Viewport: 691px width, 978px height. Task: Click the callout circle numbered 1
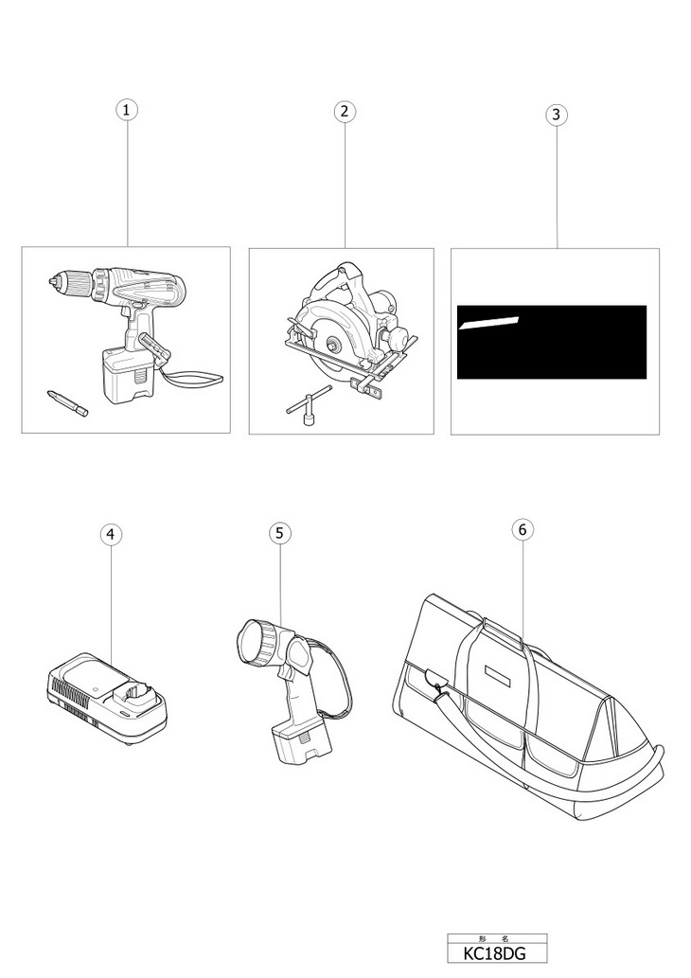pyautogui.click(x=127, y=109)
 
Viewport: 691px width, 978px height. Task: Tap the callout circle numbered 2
pyautogui.click(x=345, y=111)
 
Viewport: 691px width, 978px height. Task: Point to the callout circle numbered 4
pyautogui.click(x=111, y=534)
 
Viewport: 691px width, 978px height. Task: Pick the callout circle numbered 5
pyautogui.click(x=279, y=533)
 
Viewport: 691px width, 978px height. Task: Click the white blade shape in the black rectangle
pyautogui.click(x=488, y=322)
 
